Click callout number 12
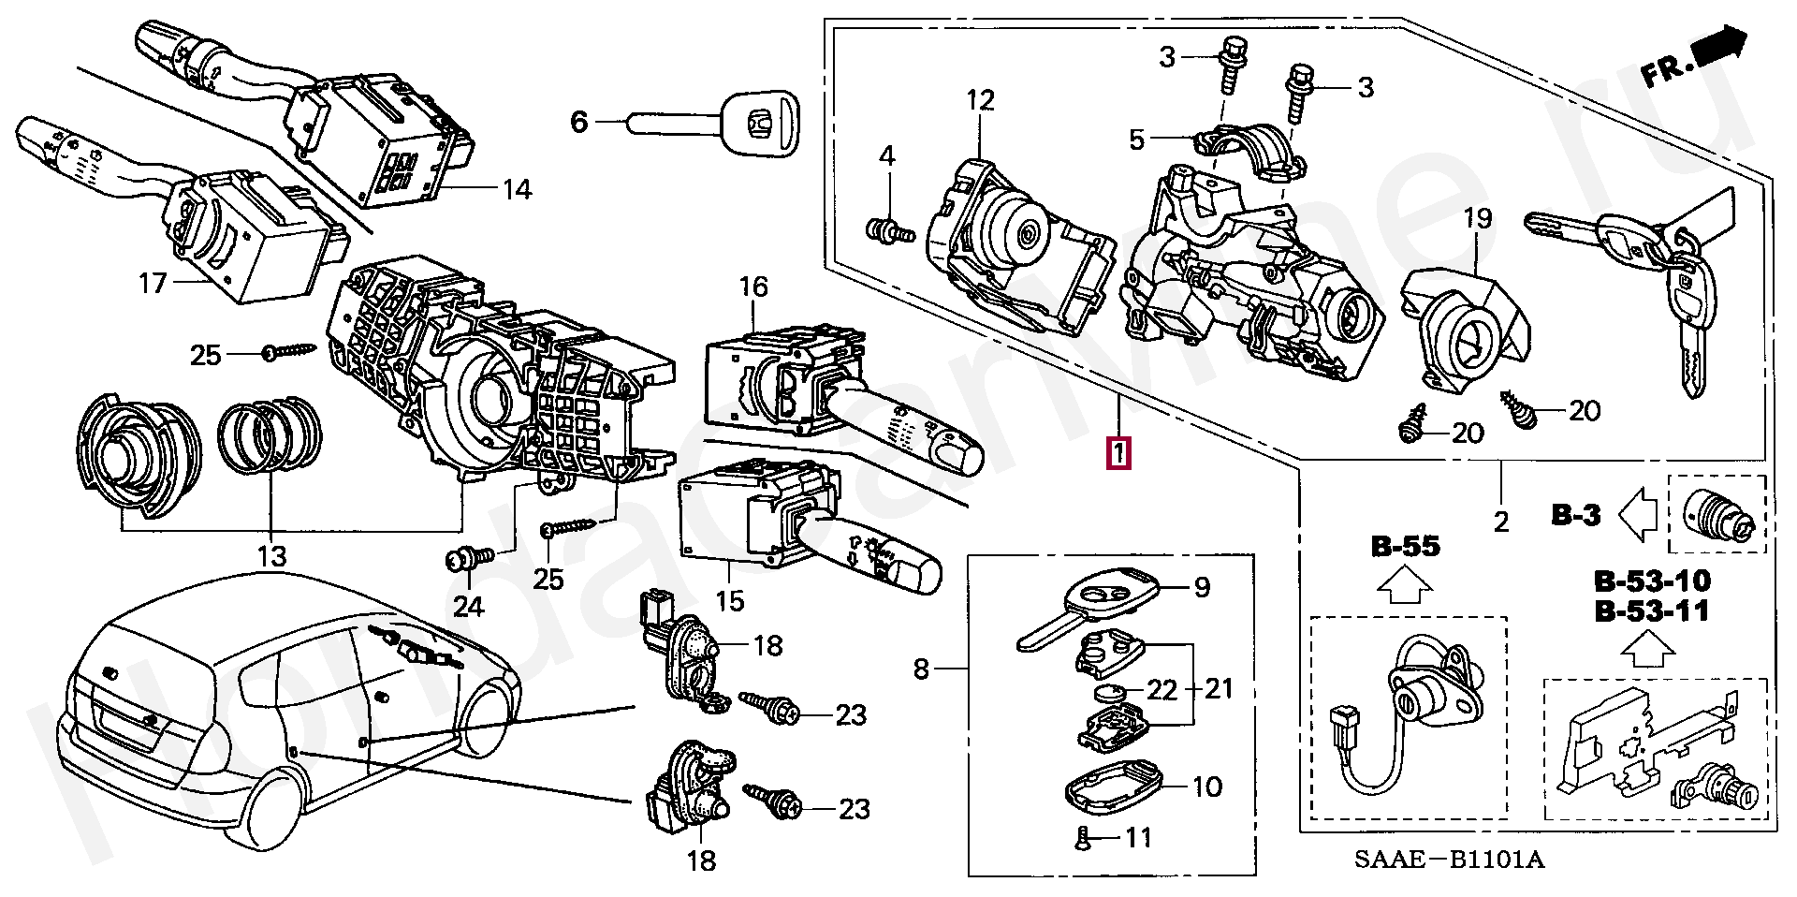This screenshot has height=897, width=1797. (980, 100)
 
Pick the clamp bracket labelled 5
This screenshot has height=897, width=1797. (1244, 150)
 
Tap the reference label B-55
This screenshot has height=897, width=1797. (1407, 546)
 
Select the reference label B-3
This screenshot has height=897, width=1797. (1576, 514)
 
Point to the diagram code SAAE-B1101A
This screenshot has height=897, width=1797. (1473, 859)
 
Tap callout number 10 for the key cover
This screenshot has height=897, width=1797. (1207, 787)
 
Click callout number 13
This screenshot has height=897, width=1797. (271, 556)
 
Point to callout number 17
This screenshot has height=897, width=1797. (153, 282)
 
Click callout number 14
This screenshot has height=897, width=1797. (516, 190)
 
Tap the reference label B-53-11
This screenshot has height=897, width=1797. (1651, 611)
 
